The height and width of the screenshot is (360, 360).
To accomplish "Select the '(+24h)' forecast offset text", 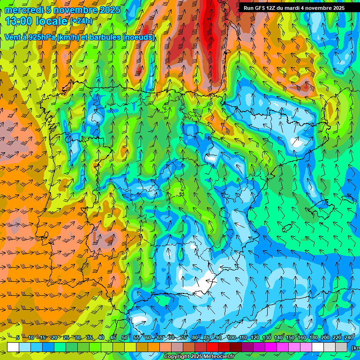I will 81,21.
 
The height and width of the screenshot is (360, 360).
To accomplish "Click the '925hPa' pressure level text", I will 42,37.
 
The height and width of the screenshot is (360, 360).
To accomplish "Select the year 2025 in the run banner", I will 337,8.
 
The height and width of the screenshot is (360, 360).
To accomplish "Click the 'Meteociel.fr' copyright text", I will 213,357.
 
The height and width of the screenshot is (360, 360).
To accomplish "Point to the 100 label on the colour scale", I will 232,338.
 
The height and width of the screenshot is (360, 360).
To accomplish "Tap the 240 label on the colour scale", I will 349,338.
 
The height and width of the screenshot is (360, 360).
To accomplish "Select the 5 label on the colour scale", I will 18,338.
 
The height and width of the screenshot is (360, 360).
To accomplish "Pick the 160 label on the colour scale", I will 302,338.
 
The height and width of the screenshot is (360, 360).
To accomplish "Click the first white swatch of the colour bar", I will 13,347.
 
